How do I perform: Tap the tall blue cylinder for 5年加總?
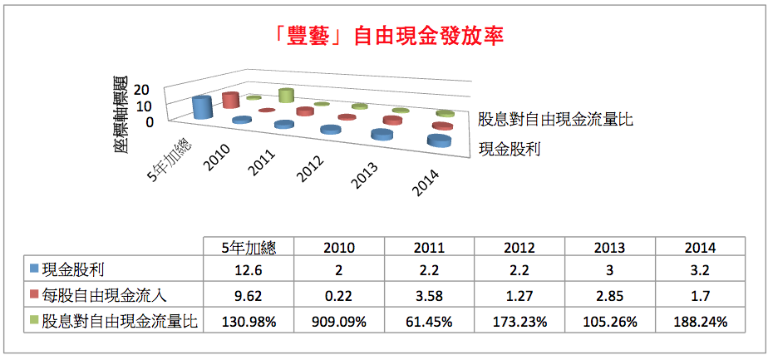200,107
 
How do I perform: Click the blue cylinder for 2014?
439,141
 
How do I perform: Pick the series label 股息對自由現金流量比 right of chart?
555,119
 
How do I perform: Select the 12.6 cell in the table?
249,269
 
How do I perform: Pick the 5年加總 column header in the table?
249,247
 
